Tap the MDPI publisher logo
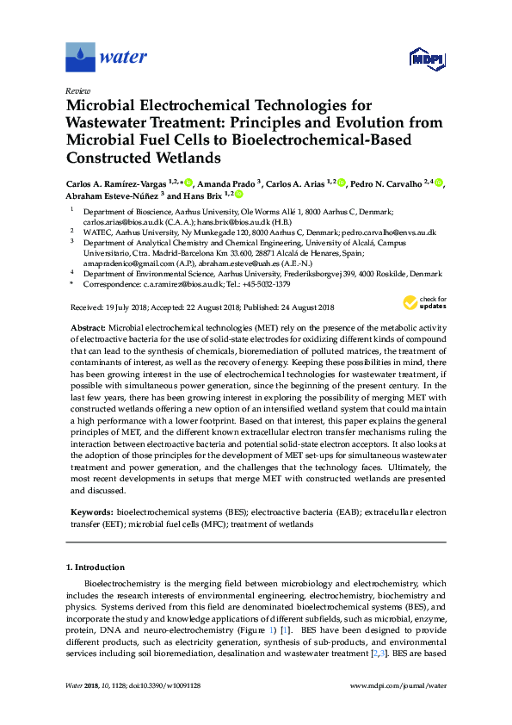click(427, 59)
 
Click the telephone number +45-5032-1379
click(263, 283)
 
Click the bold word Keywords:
click(91, 512)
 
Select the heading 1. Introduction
click(96, 567)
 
